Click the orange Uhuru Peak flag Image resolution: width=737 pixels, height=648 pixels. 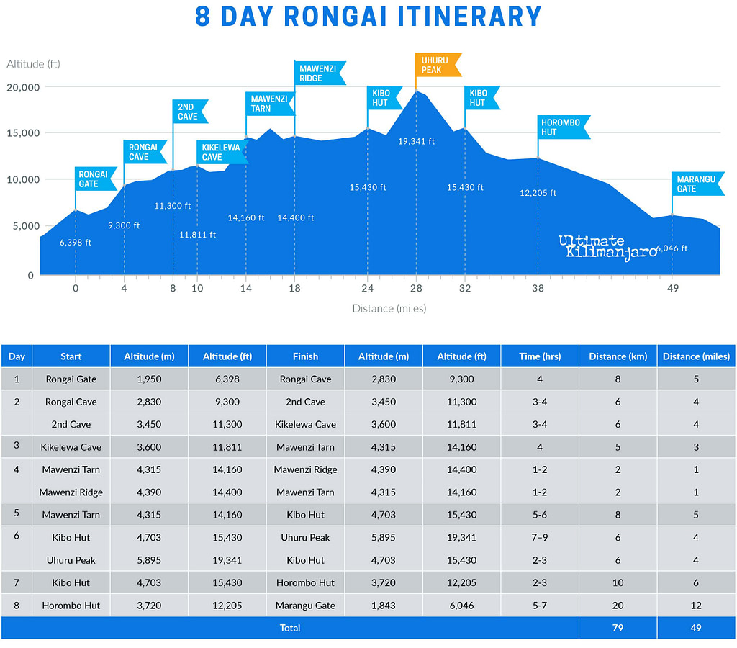coord(438,65)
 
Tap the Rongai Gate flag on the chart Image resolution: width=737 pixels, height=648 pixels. coord(95,179)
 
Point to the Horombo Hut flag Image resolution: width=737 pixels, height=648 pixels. coord(564,127)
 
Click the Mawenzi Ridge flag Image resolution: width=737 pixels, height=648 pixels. coord(319,73)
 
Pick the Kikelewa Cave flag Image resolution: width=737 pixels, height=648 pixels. coord(221,152)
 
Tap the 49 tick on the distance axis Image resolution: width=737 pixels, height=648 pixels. coord(672,289)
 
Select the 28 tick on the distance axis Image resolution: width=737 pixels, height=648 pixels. coord(416,289)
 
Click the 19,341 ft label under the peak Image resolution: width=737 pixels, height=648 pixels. coord(416,141)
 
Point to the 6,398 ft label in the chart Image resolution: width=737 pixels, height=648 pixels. coord(76,243)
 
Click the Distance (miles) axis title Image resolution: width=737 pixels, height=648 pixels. coord(389,309)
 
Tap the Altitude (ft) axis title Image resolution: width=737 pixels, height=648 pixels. coord(33,64)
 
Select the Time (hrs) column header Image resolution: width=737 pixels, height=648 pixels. coord(539,356)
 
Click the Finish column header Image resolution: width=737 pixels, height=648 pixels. coord(305,356)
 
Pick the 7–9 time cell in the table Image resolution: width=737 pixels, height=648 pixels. coord(539,537)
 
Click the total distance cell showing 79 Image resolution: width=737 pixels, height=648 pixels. coord(618,628)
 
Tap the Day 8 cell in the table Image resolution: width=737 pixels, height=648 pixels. coord(17,606)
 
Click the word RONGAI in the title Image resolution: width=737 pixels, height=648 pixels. coord(336,16)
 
